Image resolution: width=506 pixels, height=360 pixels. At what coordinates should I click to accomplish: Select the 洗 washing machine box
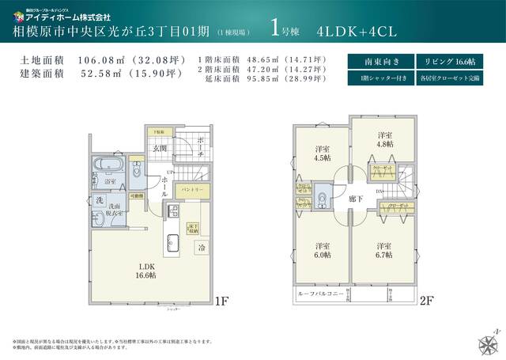pyautogui.click(x=100, y=202)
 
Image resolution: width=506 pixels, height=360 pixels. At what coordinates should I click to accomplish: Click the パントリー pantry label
pyautogui.click(x=193, y=191)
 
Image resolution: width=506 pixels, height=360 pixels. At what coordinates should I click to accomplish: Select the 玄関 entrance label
pyautogui.click(x=159, y=148)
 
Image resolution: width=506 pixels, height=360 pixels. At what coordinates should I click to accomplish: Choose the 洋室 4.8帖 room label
pyautogui.click(x=385, y=139)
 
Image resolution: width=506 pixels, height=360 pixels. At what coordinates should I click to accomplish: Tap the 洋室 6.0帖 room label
pyautogui.click(x=323, y=249)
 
